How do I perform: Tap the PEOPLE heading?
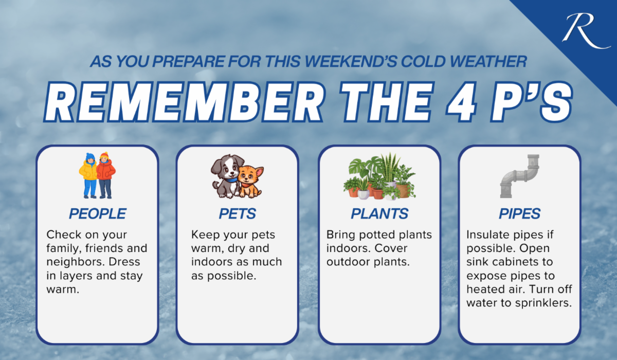(98, 213)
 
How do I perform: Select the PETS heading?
(238, 213)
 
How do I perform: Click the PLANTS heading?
(379, 213)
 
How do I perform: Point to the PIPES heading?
(520, 213)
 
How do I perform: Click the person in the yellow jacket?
(88, 175)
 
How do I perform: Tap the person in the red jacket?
(106, 175)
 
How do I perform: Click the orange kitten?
(250, 182)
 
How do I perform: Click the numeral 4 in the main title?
(461, 102)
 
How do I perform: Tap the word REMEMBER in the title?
(184, 102)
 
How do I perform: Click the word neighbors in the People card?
(76, 262)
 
